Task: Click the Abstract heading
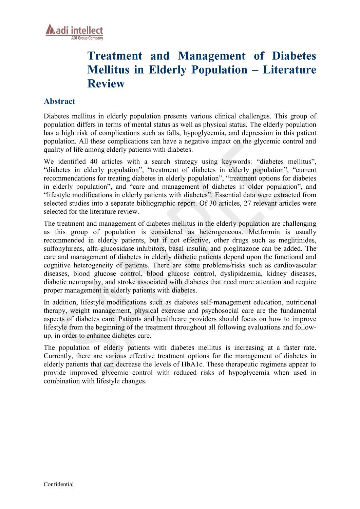tap(59, 101)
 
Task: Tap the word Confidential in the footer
tap(58, 484)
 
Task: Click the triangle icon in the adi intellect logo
tap(50, 30)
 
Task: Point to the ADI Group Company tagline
tap(87, 38)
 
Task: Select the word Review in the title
tap(106, 84)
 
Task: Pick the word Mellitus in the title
tap(108, 70)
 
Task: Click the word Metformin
tap(264, 232)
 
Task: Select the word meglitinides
tap(297, 240)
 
